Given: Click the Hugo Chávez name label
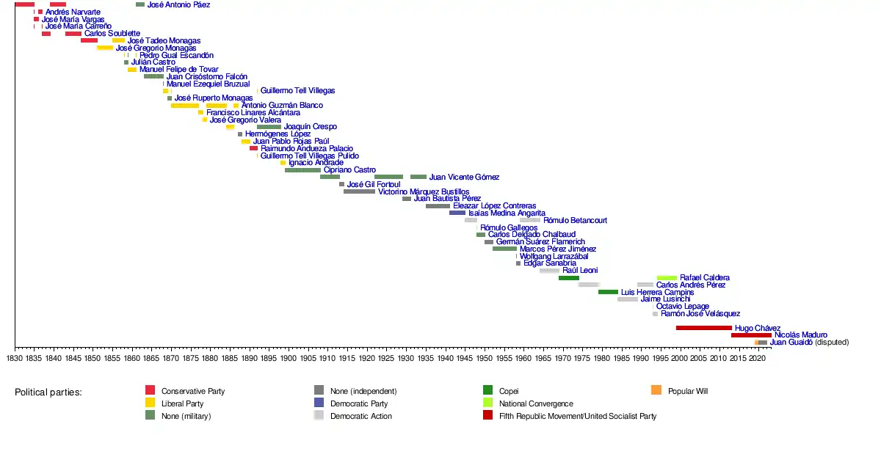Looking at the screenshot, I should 757,328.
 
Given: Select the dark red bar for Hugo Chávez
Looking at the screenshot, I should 703,328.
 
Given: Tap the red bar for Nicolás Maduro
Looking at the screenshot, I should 750,335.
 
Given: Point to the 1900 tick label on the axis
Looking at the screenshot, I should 289,359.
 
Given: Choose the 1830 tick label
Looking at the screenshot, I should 15,359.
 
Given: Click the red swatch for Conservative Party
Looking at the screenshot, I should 150,391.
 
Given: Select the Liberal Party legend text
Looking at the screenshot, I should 182,403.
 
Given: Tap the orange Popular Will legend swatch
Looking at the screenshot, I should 656,391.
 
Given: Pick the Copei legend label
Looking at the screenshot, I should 509,391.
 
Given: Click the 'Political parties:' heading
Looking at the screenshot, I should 48,392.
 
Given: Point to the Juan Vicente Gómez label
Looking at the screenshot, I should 464,177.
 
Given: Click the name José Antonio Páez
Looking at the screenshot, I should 178,5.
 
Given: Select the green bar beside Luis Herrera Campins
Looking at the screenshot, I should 608,292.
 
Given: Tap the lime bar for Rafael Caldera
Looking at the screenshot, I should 667,278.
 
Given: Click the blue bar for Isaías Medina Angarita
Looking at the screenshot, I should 457,213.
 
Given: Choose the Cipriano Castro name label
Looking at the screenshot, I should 349,170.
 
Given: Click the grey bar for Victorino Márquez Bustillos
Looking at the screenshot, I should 359,191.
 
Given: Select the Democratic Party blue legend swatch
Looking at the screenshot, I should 319,403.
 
